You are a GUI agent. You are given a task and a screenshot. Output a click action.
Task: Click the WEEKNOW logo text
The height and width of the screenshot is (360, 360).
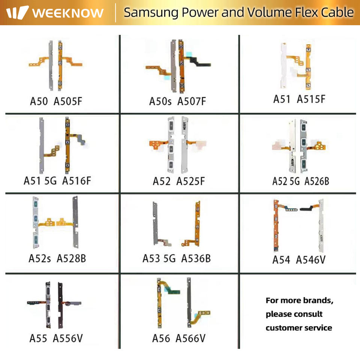(x=67, y=13)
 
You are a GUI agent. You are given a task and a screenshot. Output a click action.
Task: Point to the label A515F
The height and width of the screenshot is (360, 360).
(x=311, y=99)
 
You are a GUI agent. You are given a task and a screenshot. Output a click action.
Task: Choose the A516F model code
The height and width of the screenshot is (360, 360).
(x=76, y=181)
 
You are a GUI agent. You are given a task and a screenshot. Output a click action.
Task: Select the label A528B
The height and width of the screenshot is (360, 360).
(x=74, y=258)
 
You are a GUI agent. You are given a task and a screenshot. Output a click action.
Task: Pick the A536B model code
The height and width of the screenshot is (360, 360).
(x=196, y=258)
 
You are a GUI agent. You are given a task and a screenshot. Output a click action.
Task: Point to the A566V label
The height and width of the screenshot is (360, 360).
(x=190, y=339)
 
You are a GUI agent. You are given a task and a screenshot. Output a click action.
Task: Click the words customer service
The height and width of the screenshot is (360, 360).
(x=299, y=328)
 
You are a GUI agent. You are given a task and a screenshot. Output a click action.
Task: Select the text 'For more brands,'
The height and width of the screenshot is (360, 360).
(x=299, y=300)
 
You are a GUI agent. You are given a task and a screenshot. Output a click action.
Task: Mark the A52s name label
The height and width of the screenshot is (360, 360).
(x=39, y=258)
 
